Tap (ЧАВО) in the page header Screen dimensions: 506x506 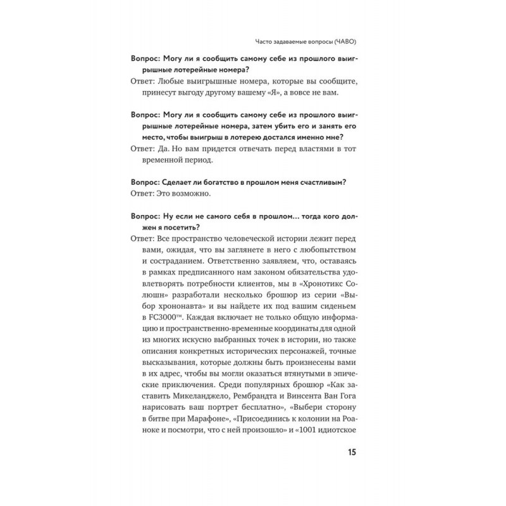pos(355,42)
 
